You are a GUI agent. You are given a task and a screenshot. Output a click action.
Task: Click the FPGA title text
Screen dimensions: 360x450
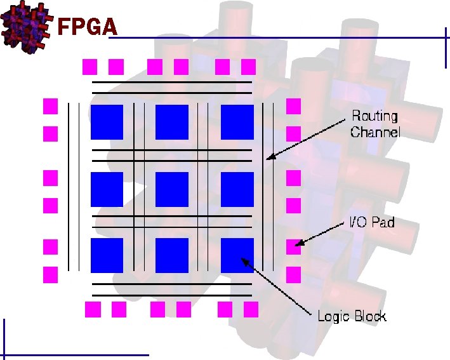(x=88, y=27)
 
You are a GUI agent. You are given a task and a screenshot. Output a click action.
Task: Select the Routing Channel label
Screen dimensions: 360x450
(x=375, y=124)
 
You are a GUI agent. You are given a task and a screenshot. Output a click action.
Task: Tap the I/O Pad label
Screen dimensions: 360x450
(x=372, y=223)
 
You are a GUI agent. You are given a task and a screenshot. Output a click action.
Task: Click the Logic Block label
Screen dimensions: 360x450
(x=352, y=316)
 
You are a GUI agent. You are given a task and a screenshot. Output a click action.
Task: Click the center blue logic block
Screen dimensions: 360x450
(x=171, y=189)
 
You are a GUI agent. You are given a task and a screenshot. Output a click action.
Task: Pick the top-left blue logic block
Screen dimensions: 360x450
(x=107, y=122)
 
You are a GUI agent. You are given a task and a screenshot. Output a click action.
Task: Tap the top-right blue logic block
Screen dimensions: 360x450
(x=237, y=122)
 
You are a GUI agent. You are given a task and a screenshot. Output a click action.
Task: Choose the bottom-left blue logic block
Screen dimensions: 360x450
(x=107, y=255)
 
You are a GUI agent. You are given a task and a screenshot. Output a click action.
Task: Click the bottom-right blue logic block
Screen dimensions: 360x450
(x=237, y=255)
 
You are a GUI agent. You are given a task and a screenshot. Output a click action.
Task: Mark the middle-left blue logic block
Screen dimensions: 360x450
(x=107, y=189)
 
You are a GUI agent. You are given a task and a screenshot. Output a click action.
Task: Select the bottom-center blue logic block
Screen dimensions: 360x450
(x=171, y=255)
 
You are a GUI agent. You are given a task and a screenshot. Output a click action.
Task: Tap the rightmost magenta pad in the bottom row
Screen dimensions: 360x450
(x=251, y=309)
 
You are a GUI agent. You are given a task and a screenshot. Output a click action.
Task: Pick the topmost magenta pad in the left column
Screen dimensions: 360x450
(x=50, y=105)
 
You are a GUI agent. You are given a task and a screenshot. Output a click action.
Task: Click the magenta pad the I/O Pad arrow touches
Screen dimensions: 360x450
(x=293, y=246)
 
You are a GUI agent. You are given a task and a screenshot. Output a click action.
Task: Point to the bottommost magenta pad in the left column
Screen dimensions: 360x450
(x=50, y=275)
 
